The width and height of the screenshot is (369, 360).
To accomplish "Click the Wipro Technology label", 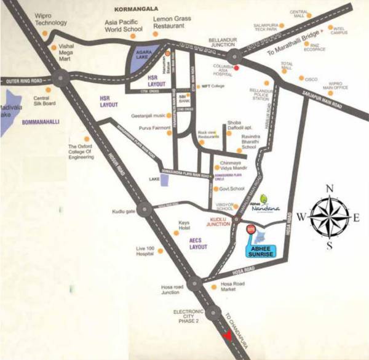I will click(x=51, y=18).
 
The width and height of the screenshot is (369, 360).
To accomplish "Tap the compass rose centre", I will click(x=330, y=216).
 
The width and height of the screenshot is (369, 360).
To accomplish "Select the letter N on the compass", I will click(x=330, y=188).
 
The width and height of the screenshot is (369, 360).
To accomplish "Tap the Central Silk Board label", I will click(x=45, y=100).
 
